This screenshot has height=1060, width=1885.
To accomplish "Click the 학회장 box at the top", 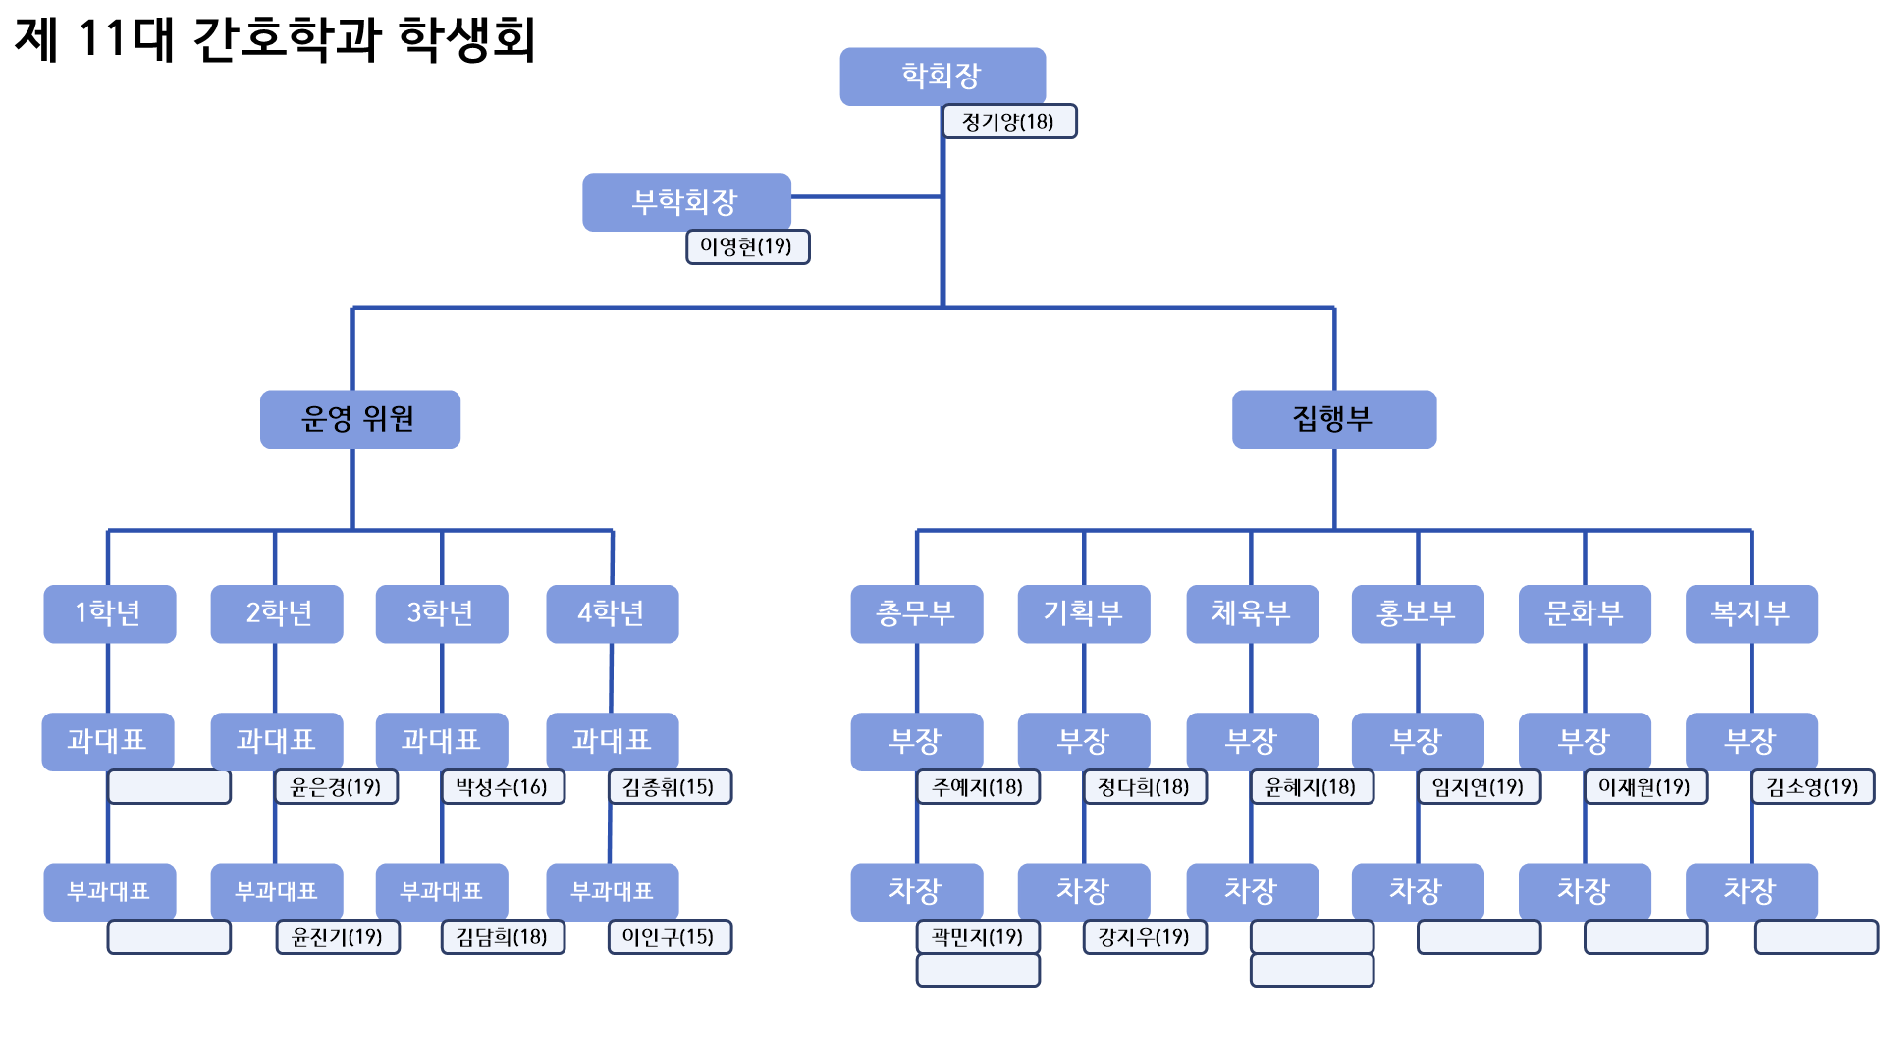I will tap(942, 76).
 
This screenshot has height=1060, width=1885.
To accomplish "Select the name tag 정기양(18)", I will tap(1009, 122).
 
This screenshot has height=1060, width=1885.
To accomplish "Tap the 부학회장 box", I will tap(686, 202).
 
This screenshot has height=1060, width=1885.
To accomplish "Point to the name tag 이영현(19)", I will tap(747, 246).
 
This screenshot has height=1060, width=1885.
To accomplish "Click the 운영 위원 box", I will tap(359, 419).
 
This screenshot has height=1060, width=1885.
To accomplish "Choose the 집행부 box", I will tap(1333, 419).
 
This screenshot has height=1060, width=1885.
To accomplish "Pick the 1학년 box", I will tap(109, 613).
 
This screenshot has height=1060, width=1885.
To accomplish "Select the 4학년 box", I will tap(612, 613).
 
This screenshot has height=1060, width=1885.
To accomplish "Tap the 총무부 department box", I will tap(916, 613).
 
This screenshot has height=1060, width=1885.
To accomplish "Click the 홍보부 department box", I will tap(1417, 613).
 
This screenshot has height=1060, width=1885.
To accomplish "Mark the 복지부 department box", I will tap(1750, 613).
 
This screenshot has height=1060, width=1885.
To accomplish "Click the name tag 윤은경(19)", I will tap(337, 787).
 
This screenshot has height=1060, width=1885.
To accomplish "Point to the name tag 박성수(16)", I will tap(503, 787).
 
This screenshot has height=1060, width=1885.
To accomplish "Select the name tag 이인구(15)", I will tap(670, 937).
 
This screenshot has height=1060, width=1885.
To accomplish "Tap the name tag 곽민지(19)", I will tap(978, 937).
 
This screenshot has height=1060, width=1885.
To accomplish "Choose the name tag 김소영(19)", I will tap(1812, 787).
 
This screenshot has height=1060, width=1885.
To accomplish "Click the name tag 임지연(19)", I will tap(1479, 787).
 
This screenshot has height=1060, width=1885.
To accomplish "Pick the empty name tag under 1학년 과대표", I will tap(169, 787).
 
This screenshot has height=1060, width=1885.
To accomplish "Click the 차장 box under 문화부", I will tap(1584, 891).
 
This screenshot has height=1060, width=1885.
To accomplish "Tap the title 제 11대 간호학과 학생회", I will tap(275, 39).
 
